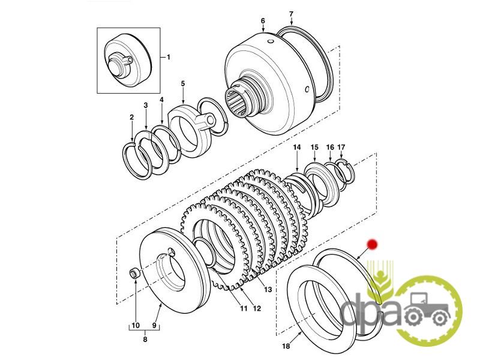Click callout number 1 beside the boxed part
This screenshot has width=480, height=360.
click(169, 57)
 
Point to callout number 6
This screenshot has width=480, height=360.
click(263, 20)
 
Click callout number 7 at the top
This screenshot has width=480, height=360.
click(291, 13)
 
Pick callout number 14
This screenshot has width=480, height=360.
click(296, 147)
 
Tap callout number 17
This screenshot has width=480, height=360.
click(341, 147)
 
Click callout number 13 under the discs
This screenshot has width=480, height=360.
click(268, 289)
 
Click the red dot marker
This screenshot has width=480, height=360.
click(372, 244)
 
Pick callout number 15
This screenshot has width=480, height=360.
click(314, 147)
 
